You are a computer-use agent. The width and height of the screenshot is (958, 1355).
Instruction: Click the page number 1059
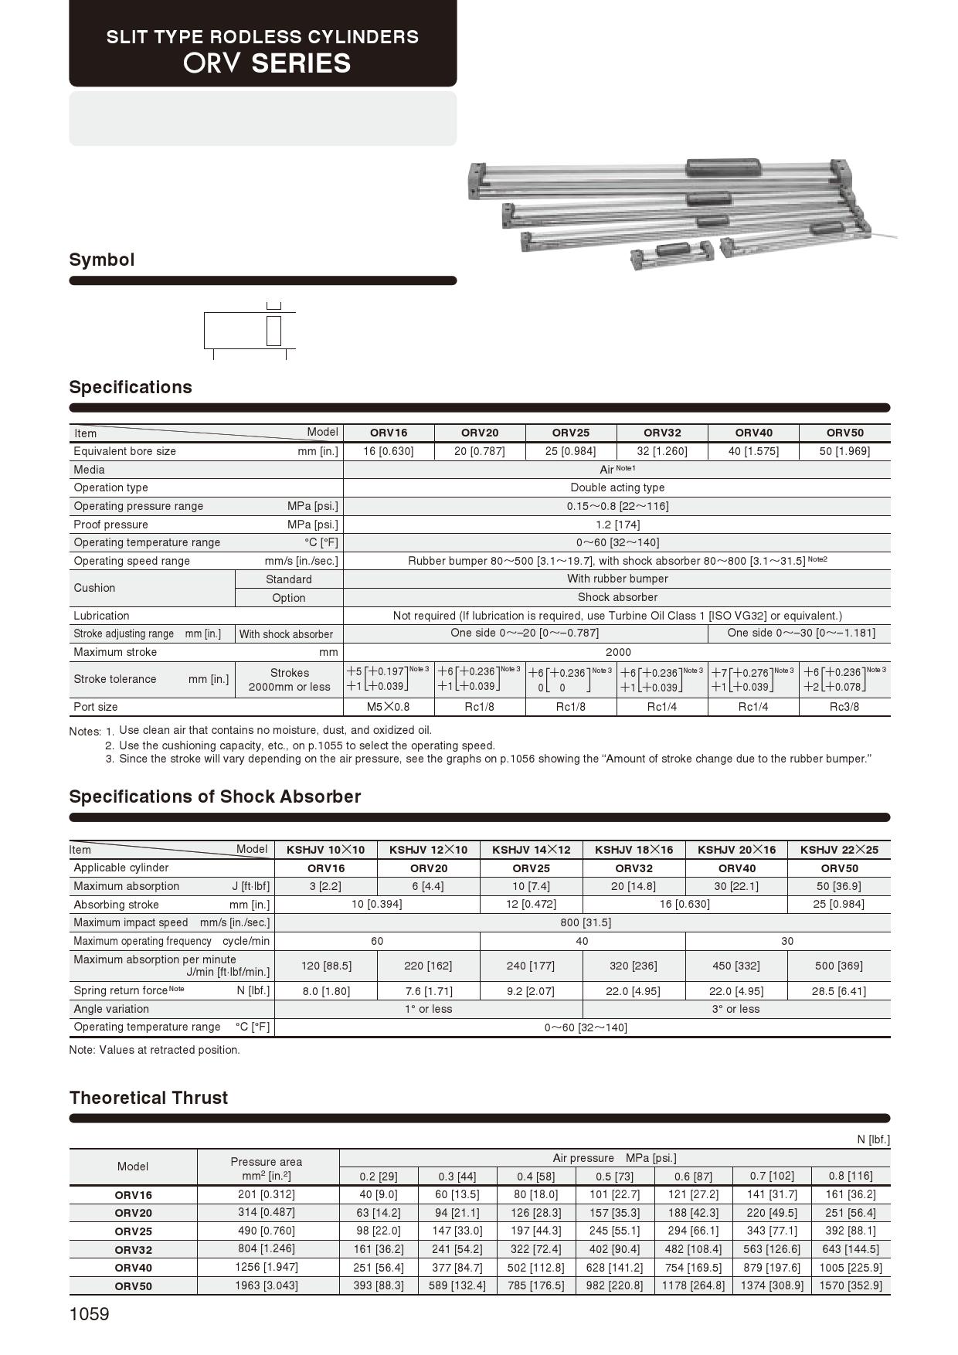coord(90,1314)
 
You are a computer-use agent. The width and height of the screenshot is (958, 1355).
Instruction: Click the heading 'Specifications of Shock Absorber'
coord(215,796)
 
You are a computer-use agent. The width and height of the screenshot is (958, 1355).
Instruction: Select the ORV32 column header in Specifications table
coord(662,433)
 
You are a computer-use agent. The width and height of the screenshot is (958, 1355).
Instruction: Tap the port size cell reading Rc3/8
coord(844,707)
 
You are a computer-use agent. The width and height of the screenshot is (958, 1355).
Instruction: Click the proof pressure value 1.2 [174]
coord(617,525)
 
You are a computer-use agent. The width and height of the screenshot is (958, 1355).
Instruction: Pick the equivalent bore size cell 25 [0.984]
coord(571,451)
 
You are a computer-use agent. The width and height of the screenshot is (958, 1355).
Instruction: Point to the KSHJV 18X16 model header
coord(634,850)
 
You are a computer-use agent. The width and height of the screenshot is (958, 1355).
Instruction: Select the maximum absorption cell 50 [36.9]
coord(838,886)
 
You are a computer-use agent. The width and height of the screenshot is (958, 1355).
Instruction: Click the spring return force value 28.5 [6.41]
coord(838,991)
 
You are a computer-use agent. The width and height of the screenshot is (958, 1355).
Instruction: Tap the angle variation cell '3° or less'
coord(735,1009)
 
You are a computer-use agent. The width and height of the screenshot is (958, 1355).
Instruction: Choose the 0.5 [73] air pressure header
coord(614,1177)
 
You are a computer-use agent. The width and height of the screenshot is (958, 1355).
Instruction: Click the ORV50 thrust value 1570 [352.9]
coord(850,1285)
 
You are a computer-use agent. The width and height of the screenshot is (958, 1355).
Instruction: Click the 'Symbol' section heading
coord(102,260)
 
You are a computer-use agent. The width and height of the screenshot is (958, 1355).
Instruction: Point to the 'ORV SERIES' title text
coord(267,63)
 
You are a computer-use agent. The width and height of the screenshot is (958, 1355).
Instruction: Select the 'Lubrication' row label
coord(101,616)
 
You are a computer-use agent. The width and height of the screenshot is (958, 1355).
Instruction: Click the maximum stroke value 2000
coord(617,652)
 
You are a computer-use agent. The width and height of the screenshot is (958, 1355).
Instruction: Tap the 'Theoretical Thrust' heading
coord(148,1098)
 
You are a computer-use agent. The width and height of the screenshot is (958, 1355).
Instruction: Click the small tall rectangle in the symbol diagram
coord(273,331)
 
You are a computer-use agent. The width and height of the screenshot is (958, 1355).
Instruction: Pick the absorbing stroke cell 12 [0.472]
coord(531,904)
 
